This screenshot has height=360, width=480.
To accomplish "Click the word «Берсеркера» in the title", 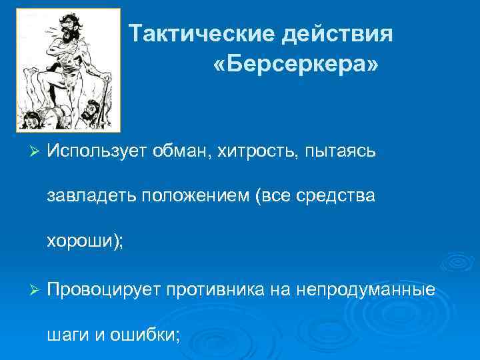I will (295, 65).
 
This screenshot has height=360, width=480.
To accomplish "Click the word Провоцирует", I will (107, 291).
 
